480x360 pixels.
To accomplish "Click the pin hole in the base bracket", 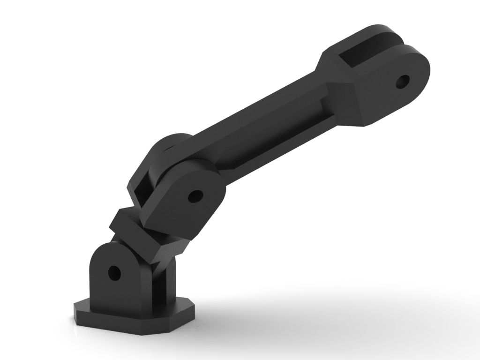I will coord(113,272).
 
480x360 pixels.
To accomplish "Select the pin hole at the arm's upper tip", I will coord(402,82).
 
